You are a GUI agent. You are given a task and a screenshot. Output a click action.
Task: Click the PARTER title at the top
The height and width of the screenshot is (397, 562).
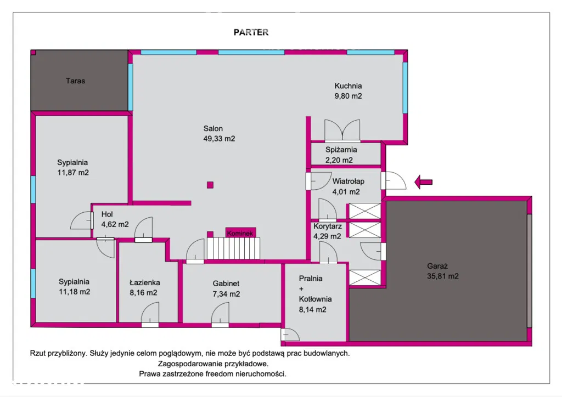(251, 32)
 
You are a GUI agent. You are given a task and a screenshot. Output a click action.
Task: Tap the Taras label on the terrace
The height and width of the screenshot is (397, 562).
(75, 81)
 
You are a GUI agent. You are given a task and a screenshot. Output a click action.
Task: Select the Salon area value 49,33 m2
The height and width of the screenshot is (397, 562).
(219, 139)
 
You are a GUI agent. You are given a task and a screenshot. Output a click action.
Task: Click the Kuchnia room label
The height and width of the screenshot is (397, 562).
(348, 86)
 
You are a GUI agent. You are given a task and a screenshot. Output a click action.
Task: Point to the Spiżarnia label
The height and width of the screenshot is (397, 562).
(341, 150)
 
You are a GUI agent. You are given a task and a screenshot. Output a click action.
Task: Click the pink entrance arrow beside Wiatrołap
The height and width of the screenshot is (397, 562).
(423, 182)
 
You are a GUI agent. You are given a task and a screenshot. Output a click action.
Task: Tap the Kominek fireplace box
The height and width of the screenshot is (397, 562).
(240, 232)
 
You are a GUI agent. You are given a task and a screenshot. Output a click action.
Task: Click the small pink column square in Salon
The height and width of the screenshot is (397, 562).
(210, 185)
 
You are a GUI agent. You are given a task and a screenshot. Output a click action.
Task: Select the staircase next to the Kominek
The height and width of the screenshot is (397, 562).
(233, 248)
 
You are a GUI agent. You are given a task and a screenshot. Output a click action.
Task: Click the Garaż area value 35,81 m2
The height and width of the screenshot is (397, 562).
(443, 276)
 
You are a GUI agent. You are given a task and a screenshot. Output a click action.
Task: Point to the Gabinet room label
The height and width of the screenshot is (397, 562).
(226, 283)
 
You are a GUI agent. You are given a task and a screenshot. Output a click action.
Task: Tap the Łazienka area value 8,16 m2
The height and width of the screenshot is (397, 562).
(143, 292)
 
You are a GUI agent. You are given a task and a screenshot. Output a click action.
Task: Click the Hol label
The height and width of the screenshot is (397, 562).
(107, 214)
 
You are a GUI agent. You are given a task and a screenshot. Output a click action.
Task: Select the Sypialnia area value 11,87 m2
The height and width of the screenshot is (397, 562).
(73, 173)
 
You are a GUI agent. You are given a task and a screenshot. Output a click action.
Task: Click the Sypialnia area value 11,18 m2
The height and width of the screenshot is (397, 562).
(75, 292)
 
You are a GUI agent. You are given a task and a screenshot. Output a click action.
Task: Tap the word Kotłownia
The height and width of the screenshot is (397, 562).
(315, 299)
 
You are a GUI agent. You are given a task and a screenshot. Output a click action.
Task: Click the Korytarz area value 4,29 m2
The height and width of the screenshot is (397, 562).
(327, 236)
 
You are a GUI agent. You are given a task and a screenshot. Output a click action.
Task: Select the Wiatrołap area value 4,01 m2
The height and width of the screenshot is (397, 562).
(346, 192)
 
